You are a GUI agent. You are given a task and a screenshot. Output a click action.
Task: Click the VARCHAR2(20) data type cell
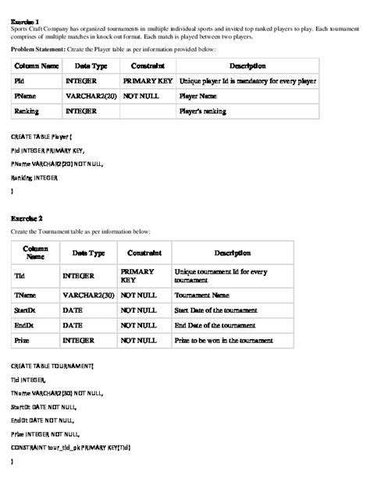[x=89, y=96]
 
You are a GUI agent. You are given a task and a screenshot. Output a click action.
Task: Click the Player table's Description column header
[x=247, y=66]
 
